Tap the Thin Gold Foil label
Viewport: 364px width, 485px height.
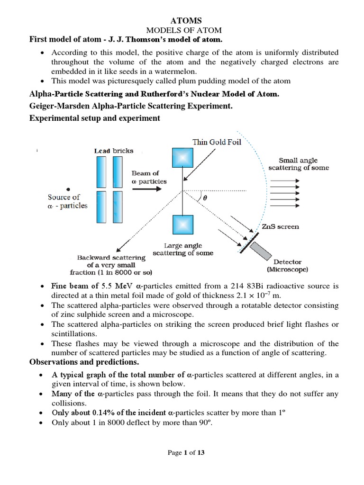pos(217,142)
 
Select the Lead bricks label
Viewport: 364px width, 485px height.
pos(114,151)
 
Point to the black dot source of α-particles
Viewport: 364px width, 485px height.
pos(69,189)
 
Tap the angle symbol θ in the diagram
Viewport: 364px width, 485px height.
pos(205,199)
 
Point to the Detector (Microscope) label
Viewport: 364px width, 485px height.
pos(287,266)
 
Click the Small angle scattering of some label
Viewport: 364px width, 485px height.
pos(299,164)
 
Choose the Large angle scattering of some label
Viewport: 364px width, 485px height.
pos(183,249)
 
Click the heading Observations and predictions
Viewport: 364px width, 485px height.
pos(84,362)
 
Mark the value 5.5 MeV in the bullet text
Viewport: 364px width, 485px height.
pos(117,286)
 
